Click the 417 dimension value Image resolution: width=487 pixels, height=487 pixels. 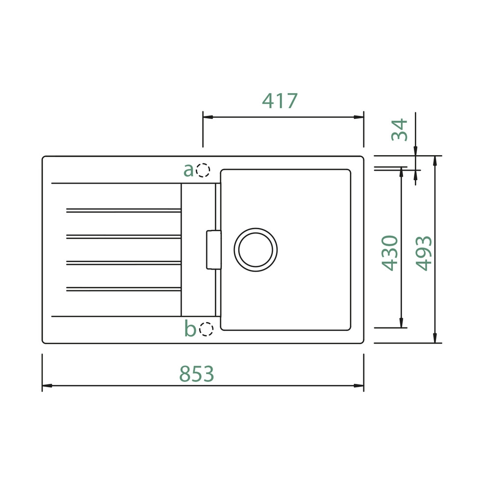[x=280, y=101]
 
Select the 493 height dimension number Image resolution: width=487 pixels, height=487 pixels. [x=424, y=253]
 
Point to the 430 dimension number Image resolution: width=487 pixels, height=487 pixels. [x=390, y=253]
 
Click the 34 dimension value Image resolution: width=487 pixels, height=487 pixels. [x=400, y=130]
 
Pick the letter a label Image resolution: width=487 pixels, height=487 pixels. [x=189, y=170]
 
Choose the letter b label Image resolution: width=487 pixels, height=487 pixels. [x=190, y=328]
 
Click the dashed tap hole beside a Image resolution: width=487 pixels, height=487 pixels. [x=203, y=170]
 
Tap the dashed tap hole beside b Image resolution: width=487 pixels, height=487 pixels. [x=206, y=329]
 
